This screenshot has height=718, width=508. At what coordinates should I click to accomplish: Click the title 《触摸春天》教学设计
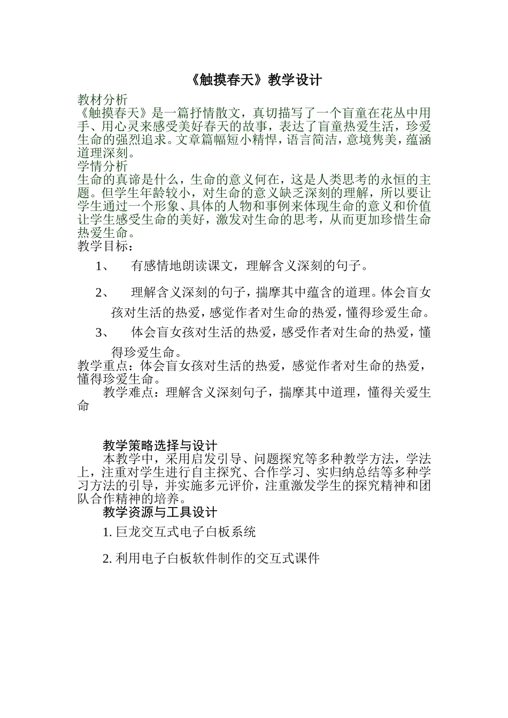pyautogui.click(x=256, y=80)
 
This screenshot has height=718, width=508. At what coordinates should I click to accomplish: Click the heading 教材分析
pyautogui.click(x=103, y=100)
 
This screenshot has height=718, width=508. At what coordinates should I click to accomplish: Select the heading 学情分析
pyautogui.click(x=103, y=166)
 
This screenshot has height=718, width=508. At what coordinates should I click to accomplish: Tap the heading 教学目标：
pyautogui.click(x=106, y=246)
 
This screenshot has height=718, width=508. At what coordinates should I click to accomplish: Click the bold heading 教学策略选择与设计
pyautogui.click(x=160, y=446)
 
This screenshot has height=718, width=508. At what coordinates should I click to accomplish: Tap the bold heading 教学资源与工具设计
pyautogui.click(x=160, y=512)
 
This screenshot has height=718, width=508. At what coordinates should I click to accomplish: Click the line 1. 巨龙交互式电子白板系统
pyautogui.click(x=179, y=532)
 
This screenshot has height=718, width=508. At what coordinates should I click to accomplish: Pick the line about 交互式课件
pyautogui.click(x=211, y=559)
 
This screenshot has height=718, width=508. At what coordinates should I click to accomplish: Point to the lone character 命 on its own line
pyautogui.click(x=83, y=406)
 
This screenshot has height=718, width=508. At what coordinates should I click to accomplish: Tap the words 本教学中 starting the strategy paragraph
pyautogui.click(x=128, y=459)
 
